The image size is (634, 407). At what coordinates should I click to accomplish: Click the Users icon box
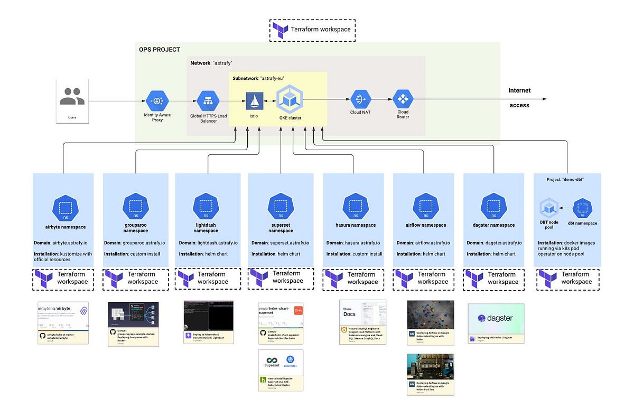point(72,100)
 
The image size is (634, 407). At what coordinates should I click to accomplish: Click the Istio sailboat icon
point(255,100)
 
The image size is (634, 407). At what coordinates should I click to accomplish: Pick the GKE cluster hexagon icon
point(290,99)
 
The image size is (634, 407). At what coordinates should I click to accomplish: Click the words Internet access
point(519,98)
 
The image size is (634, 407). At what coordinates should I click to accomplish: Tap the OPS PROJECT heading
point(160,50)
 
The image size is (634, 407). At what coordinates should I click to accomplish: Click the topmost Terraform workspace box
point(312,30)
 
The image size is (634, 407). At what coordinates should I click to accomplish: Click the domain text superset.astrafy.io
point(290,243)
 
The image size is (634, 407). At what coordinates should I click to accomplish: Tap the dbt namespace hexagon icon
point(583,208)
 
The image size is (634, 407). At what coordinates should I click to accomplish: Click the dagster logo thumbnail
point(496,323)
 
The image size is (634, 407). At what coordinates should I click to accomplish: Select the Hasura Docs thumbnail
point(362,322)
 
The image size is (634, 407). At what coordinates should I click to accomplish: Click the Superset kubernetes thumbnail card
point(281,370)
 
